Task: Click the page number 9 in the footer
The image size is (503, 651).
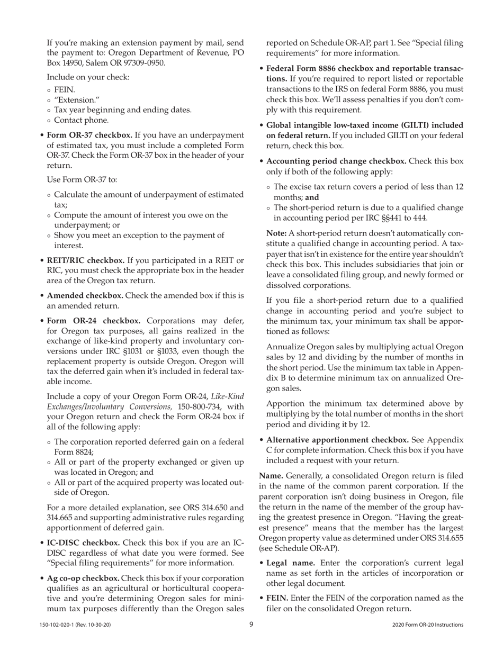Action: click(x=251, y=625)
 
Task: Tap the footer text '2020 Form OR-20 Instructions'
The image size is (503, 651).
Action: click(x=428, y=625)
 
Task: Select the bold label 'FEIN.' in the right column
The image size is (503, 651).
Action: click(x=277, y=598)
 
